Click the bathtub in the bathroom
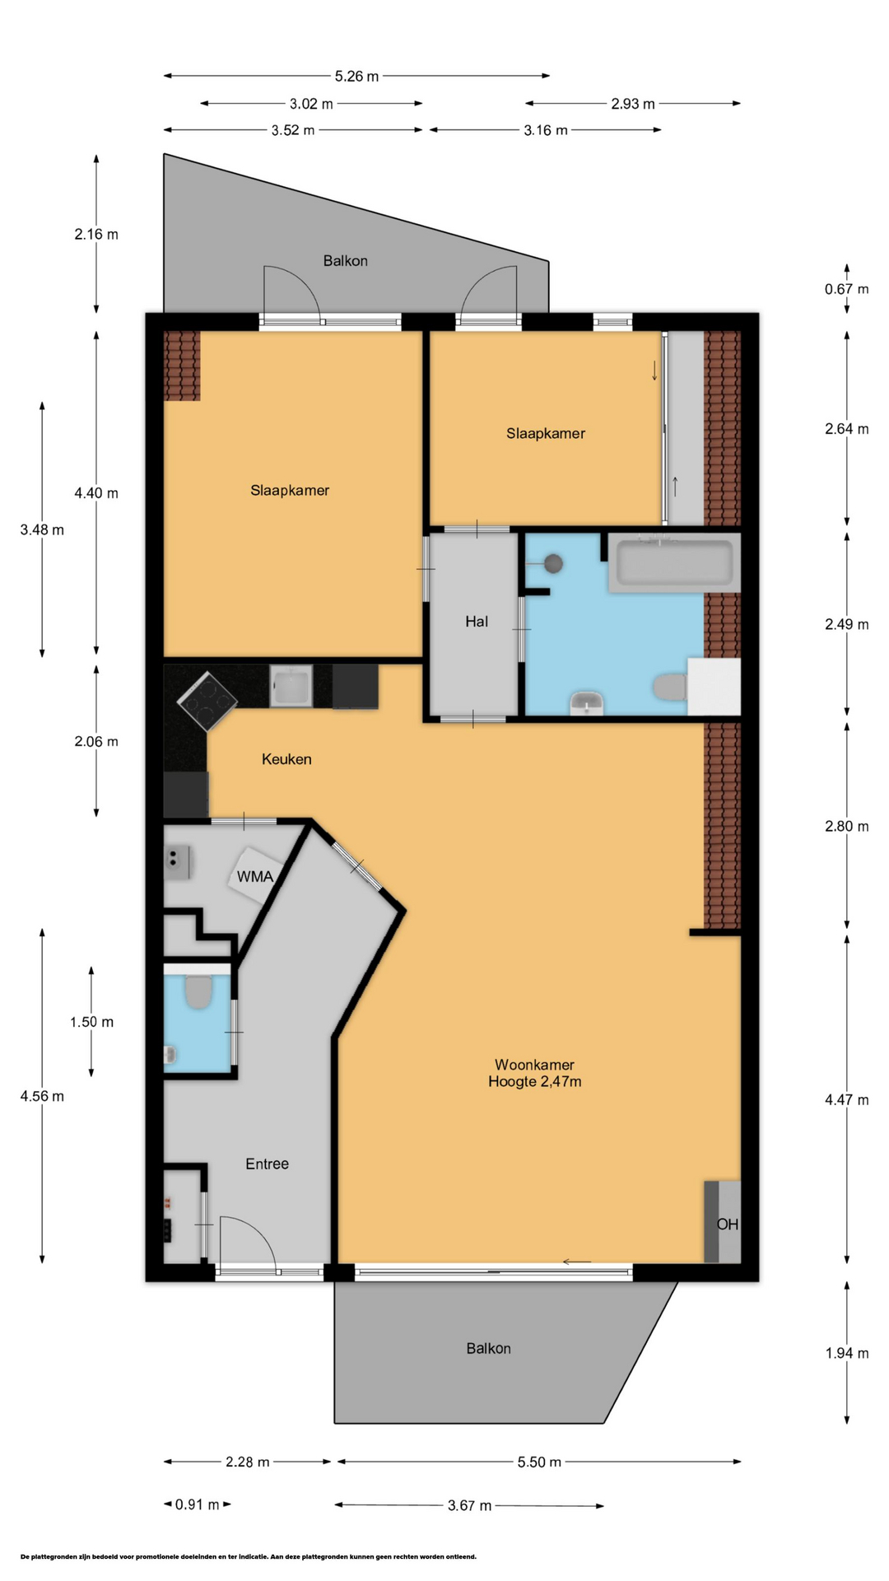coord(674,563)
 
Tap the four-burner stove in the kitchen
coord(207,701)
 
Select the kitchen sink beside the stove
coord(291,686)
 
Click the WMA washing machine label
coord(255,876)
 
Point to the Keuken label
coord(286,759)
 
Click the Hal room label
coord(477,622)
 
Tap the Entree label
coord(268,1164)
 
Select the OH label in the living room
coord(728,1224)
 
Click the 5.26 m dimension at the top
coord(356,77)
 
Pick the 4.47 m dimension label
coord(847,1100)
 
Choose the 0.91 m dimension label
coord(198,1504)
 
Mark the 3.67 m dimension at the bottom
coord(469,1505)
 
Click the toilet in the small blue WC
coord(198,992)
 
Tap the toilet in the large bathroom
coord(671,687)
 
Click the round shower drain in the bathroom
coord(554,564)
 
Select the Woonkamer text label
coord(534,1065)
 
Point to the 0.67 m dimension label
coord(847,289)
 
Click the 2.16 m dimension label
coord(96,234)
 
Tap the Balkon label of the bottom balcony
coord(488,1348)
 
